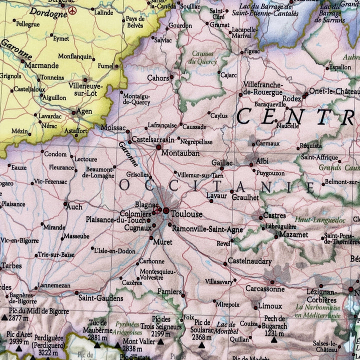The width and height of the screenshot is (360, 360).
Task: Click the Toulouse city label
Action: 186,214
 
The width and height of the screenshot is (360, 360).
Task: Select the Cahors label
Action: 157,78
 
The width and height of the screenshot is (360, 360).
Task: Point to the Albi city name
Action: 262,161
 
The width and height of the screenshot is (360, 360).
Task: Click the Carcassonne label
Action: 264,288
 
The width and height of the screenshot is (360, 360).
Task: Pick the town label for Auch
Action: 74,206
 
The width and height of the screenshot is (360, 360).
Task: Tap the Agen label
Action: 83,111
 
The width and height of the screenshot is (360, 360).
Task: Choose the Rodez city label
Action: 291,98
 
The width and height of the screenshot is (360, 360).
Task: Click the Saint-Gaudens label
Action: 100,298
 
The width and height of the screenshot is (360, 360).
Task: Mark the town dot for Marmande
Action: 22,61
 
